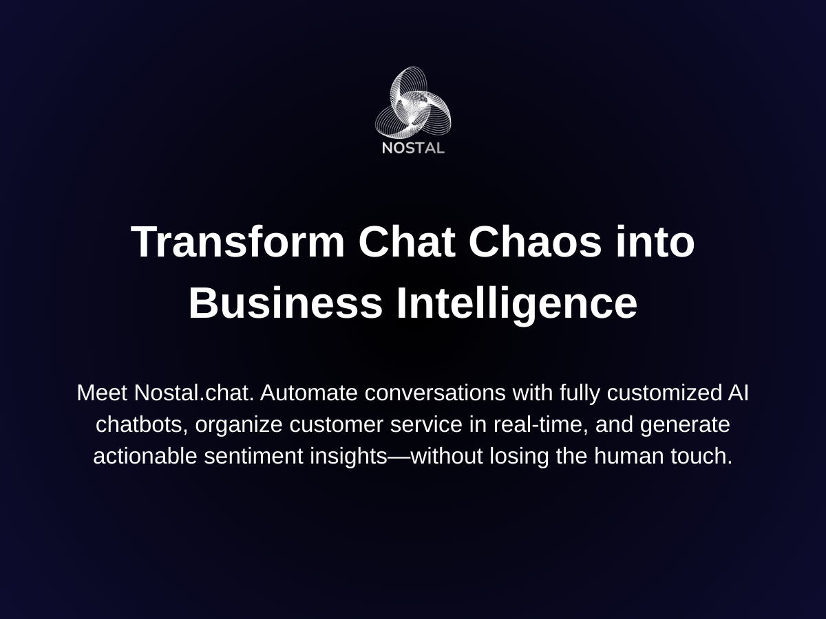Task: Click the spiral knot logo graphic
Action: (413, 102)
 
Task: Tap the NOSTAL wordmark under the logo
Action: (413, 147)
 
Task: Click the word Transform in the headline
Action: (238, 242)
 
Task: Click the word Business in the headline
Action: (285, 303)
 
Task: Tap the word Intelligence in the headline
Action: (516, 303)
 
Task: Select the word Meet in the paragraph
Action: (102, 393)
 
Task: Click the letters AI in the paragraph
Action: (738, 393)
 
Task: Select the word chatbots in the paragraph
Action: (140, 425)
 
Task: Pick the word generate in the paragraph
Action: (685, 425)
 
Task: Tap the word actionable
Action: (145, 456)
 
